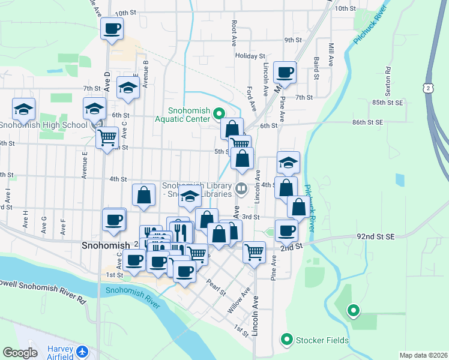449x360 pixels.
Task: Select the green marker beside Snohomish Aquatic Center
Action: tap(219, 113)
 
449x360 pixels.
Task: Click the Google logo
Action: tap(20, 353)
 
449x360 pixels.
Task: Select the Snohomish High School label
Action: tap(43, 125)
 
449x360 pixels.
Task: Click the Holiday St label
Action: tap(246, 56)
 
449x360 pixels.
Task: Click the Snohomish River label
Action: tap(133, 298)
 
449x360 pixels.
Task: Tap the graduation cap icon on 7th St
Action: tap(127, 88)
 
